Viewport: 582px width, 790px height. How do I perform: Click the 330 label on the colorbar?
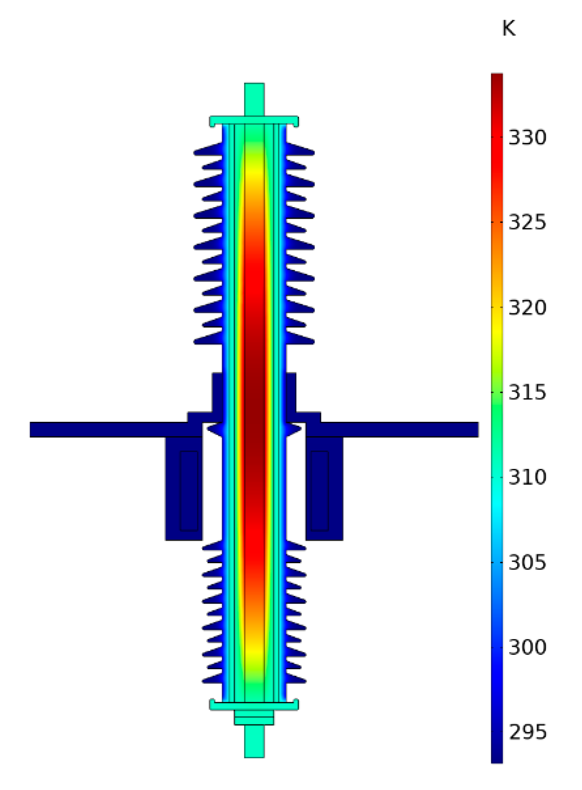point(527,138)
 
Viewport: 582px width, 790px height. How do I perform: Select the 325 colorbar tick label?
point(527,223)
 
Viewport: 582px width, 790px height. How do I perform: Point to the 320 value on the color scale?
point(527,308)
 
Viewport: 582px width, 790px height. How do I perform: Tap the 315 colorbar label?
point(527,393)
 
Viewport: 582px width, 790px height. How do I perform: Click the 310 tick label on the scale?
point(527,477)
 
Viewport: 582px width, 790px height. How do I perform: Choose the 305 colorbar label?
point(527,562)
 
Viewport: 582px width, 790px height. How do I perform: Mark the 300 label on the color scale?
point(527,648)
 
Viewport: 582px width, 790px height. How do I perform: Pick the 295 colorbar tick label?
point(527,732)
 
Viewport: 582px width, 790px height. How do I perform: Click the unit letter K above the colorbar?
point(508,29)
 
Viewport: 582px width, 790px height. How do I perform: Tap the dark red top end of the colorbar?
point(497,79)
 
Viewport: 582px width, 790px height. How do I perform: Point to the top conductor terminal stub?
point(254,99)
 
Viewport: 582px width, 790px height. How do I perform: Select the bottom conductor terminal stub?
point(254,741)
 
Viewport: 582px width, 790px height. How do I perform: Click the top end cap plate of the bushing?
point(254,120)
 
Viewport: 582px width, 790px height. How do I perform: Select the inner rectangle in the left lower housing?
point(189,490)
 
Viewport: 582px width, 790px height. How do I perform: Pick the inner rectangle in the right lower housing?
point(320,490)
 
